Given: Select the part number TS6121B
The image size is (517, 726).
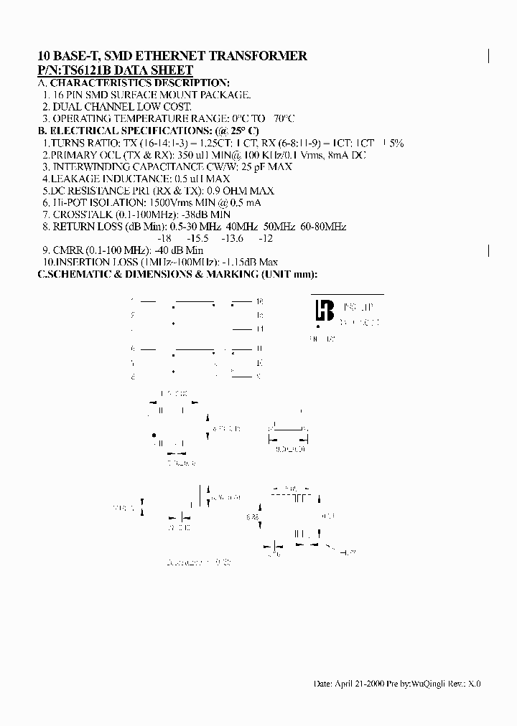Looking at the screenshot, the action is [86, 70].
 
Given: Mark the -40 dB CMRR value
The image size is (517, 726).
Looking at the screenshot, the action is [169, 250].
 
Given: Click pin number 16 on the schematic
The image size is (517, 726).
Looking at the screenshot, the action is [259, 301].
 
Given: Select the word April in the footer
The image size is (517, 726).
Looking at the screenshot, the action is [347, 684].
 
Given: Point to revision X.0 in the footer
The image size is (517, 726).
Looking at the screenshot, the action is [475, 684].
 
